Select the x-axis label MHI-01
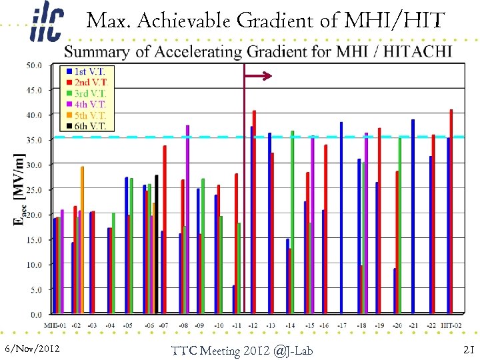[x=56, y=325]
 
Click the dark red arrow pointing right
[x=259, y=77]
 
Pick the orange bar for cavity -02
[x=82, y=240]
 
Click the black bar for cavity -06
[x=157, y=244]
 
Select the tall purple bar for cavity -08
[x=187, y=219]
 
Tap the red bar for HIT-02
[x=451, y=211]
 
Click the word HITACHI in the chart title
[x=414, y=51]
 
